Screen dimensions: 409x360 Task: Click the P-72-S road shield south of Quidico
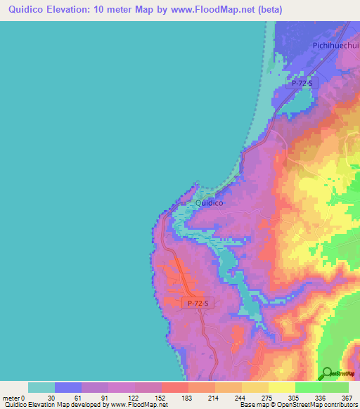point(199,303)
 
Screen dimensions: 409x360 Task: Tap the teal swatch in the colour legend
point(41,387)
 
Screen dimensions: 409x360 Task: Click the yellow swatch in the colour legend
point(255,387)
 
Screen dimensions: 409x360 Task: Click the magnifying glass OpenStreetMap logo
point(326,373)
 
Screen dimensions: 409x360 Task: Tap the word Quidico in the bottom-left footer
point(15,405)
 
